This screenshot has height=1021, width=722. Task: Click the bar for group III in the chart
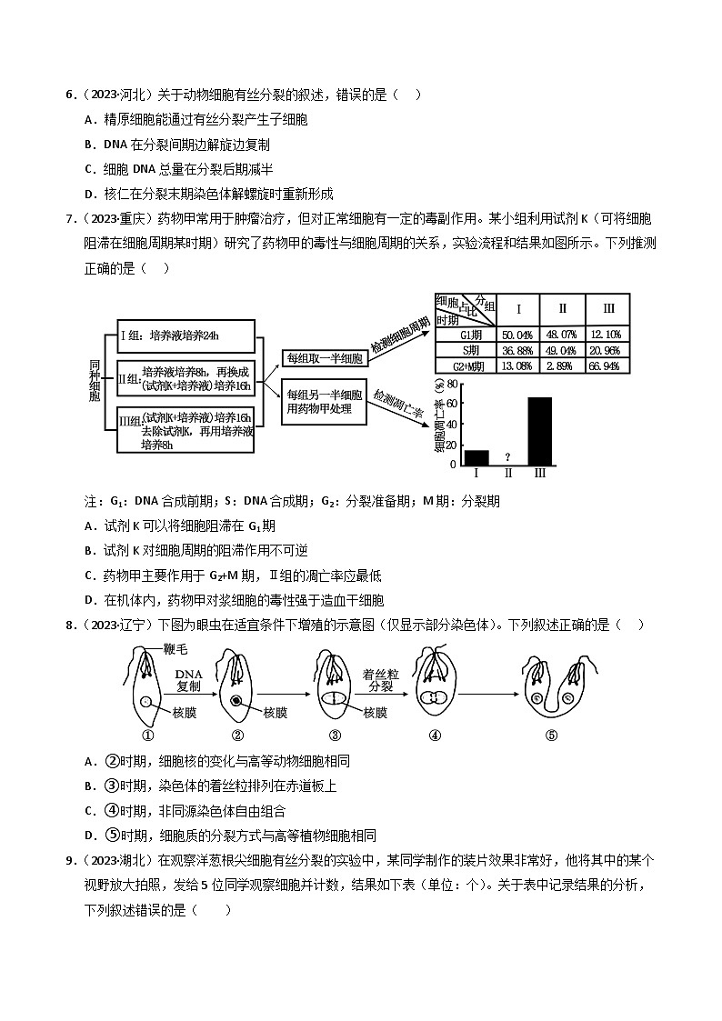point(540,430)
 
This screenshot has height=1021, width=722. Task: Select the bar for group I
point(476,456)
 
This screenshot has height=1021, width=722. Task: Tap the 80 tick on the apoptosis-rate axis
point(452,385)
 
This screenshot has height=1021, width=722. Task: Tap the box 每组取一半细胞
point(324,358)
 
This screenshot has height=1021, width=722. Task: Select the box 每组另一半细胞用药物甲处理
point(324,402)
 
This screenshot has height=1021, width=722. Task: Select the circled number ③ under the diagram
point(335,736)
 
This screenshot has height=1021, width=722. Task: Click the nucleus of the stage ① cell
point(146,701)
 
